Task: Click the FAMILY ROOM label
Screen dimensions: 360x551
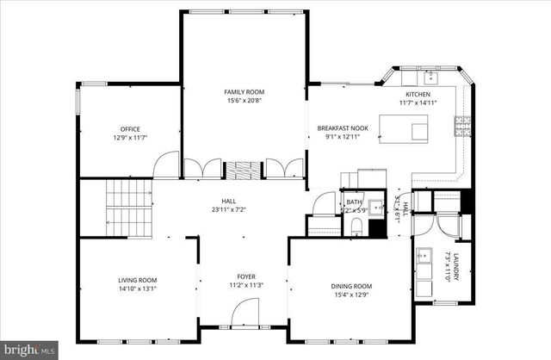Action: point(245,91)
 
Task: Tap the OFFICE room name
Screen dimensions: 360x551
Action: point(130,129)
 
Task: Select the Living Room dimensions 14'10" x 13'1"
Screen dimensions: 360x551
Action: point(137,289)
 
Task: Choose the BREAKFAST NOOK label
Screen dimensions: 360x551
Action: point(343,127)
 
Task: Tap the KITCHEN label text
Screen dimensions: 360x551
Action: point(418,93)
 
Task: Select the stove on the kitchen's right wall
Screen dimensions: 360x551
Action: point(462,127)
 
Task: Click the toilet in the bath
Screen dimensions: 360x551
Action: point(356,226)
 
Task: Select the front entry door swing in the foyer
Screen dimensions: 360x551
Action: point(246,311)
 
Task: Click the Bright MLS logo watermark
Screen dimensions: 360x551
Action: point(28,350)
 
